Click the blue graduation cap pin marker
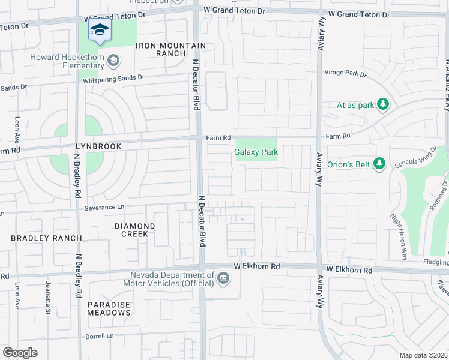pos(100,30)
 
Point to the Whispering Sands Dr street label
pos(113,78)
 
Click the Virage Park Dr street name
pos(345,73)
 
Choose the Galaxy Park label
pos(256,152)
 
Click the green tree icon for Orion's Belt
pos(379,163)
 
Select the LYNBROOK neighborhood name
pos(98,146)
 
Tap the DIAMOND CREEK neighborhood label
pos(134,230)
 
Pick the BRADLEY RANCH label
pos(46,238)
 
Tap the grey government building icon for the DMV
pos(223,278)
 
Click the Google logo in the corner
pos(20,353)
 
